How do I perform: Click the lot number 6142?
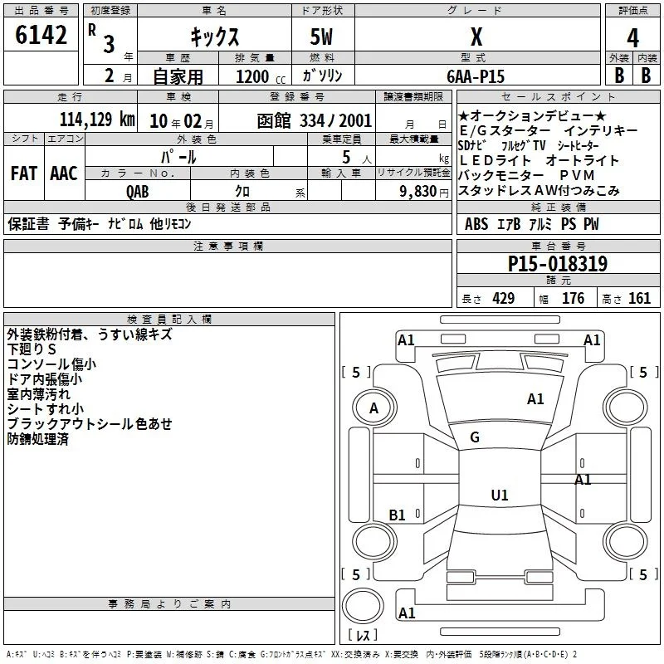point(41,35)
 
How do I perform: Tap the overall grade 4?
point(632,38)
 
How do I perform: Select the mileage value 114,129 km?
point(97,120)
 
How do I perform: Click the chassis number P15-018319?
point(558,264)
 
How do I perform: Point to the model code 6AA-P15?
point(476,76)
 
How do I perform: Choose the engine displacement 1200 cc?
point(261,76)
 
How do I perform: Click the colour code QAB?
point(138,192)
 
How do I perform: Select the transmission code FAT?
point(24,173)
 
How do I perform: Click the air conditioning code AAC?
point(64,173)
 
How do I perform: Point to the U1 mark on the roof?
point(500,495)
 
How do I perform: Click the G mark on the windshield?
point(475,437)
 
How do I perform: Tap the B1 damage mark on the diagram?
point(398,515)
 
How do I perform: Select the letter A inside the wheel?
point(373,408)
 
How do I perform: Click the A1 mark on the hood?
point(535,399)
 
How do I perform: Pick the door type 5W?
point(321,37)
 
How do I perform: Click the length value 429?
point(504,298)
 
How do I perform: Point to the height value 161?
point(639,298)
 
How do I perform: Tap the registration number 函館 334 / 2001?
point(315,121)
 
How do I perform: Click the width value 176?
point(574,298)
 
